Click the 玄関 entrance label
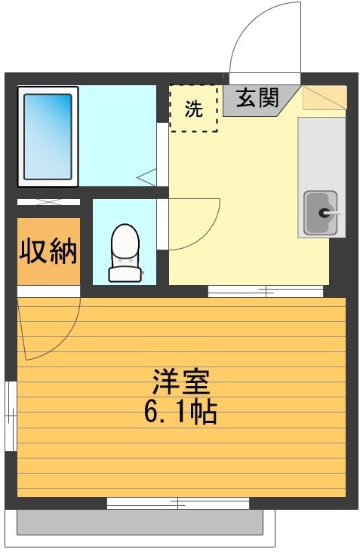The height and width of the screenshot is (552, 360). (x=258, y=99)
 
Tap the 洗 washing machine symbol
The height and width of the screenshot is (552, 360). (x=194, y=109)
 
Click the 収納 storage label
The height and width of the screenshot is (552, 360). (x=48, y=250)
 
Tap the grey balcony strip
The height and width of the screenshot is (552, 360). (x=140, y=521)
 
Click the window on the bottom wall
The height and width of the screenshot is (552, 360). (x=178, y=502)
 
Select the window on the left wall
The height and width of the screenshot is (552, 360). (x=11, y=416)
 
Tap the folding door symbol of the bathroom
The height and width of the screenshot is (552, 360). (x=148, y=178)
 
